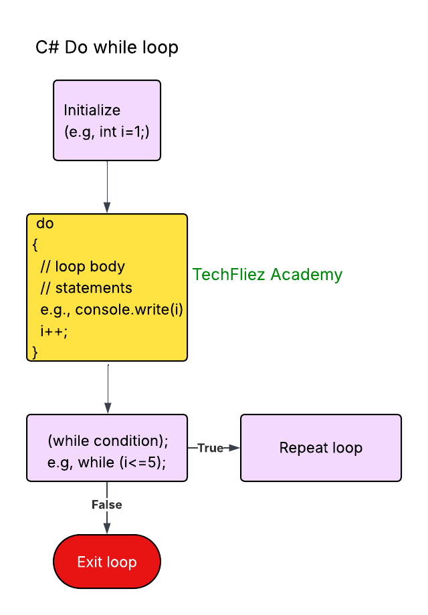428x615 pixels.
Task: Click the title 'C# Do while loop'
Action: click(107, 48)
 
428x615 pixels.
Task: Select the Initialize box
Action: click(107, 120)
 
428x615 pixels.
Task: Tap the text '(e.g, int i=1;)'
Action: click(106, 132)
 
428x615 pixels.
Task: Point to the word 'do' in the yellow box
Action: click(45, 224)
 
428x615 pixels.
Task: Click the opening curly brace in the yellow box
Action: click(35, 245)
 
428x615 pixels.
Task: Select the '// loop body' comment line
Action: click(82, 266)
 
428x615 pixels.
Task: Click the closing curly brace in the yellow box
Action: click(35, 352)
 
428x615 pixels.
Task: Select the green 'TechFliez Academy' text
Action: click(267, 274)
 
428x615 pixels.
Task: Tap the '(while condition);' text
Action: click(108, 441)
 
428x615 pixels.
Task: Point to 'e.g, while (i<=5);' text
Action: click(107, 463)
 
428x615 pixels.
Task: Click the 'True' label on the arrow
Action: click(210, 448)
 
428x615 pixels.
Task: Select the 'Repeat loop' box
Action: click(321, 448)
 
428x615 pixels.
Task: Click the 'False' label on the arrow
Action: click(107, 505)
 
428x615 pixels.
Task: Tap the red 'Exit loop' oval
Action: click(107, 562)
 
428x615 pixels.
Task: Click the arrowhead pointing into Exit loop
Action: click(107, 529)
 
